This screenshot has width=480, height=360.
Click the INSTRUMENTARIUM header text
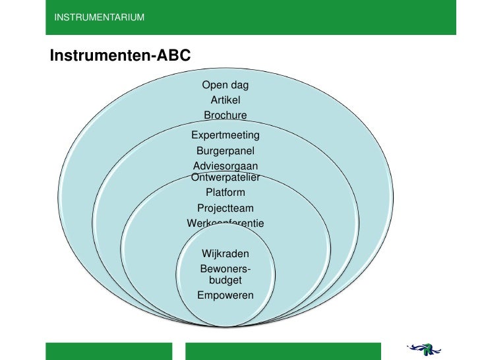[x=99, y=16]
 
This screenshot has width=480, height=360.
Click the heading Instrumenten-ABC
[x=120, y=55]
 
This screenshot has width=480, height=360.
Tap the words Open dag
[x=225, y=85]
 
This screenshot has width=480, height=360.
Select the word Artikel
[x=225, y=100]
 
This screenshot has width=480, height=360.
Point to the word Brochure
[x=225, y=115]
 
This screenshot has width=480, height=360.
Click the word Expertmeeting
[x=225, y=135]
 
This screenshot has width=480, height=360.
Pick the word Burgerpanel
[x=225, y=151]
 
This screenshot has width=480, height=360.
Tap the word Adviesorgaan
[x=225, y=166]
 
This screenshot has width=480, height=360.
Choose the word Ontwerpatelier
[x=225, y=177]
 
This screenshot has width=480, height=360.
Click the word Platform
[x=225, y=193]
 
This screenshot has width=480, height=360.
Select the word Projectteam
[x=225, y=208]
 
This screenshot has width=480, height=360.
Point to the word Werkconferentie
[x=225, y=224]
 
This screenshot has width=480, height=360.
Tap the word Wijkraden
[x=225, y=254]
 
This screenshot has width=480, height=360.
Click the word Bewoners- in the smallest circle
[x=225, y=270]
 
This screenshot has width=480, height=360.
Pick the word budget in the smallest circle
[x=225, y=280]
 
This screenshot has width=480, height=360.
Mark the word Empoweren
[x=225, y=295]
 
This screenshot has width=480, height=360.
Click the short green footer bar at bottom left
[x=108, y=351]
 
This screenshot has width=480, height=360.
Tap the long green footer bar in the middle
[x=284, y=351]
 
